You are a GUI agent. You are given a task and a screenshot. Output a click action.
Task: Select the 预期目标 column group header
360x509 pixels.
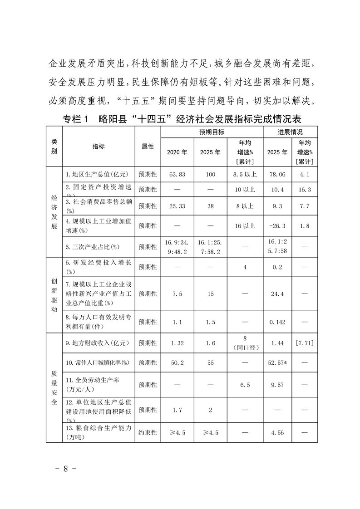212,132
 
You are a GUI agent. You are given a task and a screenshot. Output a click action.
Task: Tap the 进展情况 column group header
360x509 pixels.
291,132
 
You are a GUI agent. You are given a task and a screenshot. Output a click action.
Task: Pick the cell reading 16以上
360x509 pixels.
245,225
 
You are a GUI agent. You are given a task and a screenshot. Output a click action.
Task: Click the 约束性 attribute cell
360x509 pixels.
148,433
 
